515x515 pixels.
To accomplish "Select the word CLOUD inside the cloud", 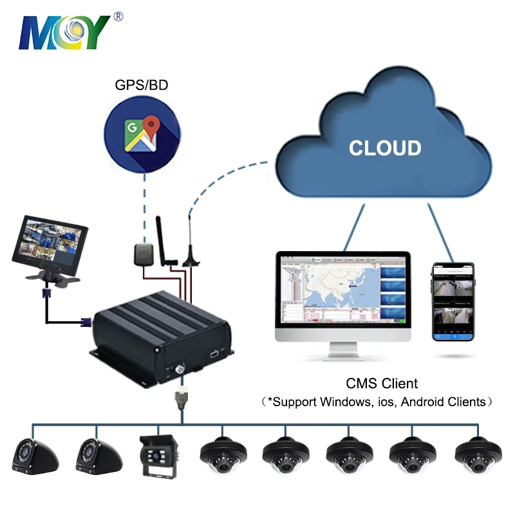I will [x=385, y=147].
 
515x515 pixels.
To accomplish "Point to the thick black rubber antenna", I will [x=164, y=241].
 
